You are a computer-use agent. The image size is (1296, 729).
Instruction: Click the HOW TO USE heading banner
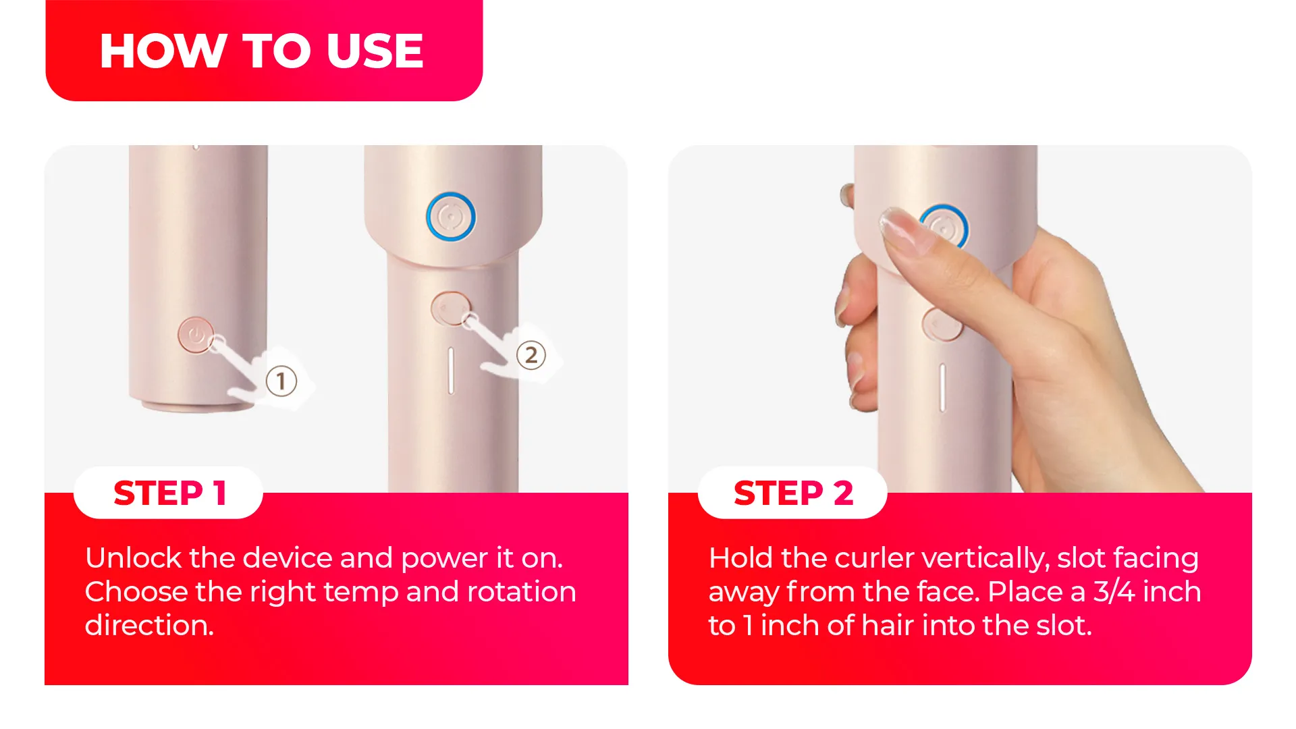point(263,51)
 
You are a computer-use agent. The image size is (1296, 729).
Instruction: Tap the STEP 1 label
point(169,493)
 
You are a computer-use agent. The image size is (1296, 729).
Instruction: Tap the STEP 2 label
point(793,493)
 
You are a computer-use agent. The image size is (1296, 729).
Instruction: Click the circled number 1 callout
point(281,381)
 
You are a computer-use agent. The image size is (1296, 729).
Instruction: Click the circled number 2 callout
point(531,355)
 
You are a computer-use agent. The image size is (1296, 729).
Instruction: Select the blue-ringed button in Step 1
point(451,217)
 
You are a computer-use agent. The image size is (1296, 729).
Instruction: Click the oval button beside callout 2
point(449,308)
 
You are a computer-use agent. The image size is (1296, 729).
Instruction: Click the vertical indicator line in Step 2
point(942,387)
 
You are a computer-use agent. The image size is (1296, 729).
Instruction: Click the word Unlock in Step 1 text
point(133,558)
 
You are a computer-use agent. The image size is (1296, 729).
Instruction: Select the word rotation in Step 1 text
point(521,592)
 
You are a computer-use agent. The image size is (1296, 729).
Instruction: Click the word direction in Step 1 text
point(148,626)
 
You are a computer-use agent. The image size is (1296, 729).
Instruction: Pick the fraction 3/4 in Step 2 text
point(1114,592)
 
